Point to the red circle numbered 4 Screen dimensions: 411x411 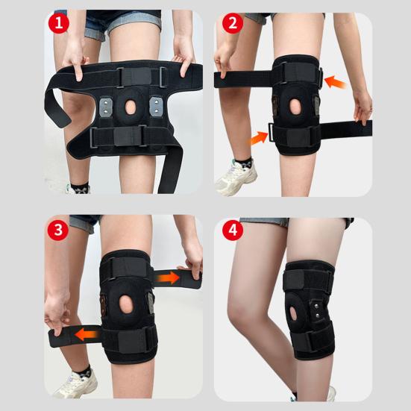(232, 229)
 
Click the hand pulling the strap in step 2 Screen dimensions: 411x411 (363, 111)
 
